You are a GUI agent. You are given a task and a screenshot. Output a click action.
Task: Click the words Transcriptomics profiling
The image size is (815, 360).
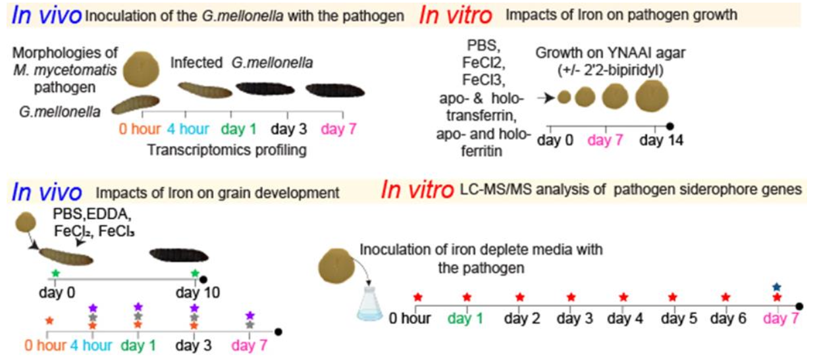tap(227, 149)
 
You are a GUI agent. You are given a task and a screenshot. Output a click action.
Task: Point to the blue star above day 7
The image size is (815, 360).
tap(777, 287)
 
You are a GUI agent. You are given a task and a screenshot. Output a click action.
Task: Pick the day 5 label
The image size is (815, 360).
tap(673, 319)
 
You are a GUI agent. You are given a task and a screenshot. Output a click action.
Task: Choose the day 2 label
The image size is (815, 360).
tap(520, 319)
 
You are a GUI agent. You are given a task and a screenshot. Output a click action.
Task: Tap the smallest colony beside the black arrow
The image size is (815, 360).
tap(564, 97)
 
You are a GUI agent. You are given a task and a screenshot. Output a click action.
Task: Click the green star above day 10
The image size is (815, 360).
tap(194, 273)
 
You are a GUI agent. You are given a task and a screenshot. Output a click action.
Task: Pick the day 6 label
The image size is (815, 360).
tap(725, 319)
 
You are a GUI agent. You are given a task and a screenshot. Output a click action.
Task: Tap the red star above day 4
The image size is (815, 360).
tap(623, 297)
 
